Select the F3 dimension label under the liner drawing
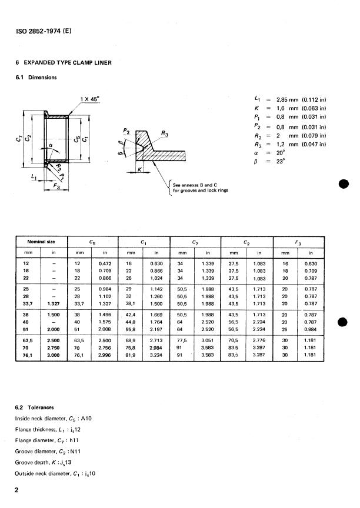[x=56, y=186]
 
